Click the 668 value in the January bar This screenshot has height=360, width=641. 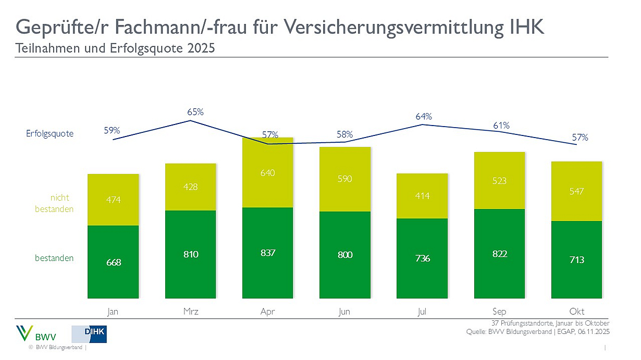coord(113,262)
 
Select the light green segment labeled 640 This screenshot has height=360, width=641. coord(267,173)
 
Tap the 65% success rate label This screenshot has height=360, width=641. coord(195,111)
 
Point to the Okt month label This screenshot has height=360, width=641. coord(576,312)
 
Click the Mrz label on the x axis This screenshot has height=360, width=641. coord(190,312)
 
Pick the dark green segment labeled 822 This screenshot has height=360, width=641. coord(499,254)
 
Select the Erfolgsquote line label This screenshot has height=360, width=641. coord(50,133)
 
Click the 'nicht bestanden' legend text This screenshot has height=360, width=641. coord(59,203)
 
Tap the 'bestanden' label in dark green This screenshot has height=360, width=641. coord(54,258)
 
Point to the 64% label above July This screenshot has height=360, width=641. coord(424,117)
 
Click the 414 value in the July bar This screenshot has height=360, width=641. coord(422,195)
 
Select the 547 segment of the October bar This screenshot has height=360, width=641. coord(576,191)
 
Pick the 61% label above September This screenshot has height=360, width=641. coord(501,126)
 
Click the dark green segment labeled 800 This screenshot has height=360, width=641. coord(344,255)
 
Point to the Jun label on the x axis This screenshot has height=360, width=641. coord(344,312)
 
